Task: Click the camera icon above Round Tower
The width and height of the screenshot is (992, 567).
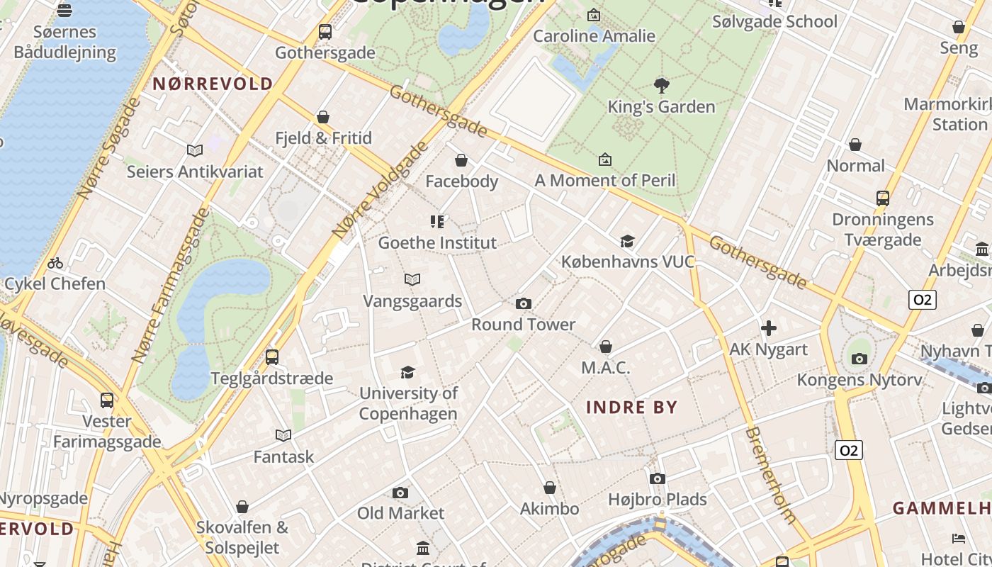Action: pos(524,304)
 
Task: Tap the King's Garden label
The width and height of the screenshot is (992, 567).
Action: pos(661,107)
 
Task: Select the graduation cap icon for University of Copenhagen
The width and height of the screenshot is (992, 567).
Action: pos(407,373)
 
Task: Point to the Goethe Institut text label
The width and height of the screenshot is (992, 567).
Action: pos(437,243)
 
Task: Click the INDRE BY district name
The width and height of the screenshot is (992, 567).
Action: pos(632,408)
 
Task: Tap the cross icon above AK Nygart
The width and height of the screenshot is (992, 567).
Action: pos(769,328)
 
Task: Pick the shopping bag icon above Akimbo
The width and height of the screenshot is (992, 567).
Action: pos(550,488)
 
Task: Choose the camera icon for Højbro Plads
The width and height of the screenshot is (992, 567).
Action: pos(658,479)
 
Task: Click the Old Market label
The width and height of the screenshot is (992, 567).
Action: pos(400,513)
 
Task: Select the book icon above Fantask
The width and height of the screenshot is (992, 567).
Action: pos(283,436)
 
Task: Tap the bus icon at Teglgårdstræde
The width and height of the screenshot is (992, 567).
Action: pos(272,357)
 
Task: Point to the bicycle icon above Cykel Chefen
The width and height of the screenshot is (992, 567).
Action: pos(55,264)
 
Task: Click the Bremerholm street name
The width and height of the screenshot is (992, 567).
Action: pos(771,475)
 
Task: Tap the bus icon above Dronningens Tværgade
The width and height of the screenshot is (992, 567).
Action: pos(883,198)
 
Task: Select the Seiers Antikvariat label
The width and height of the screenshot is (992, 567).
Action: pos(195,172)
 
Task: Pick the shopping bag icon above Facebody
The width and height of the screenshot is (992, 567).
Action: pos(461,161)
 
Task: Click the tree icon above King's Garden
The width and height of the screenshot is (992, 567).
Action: pos(662,86)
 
